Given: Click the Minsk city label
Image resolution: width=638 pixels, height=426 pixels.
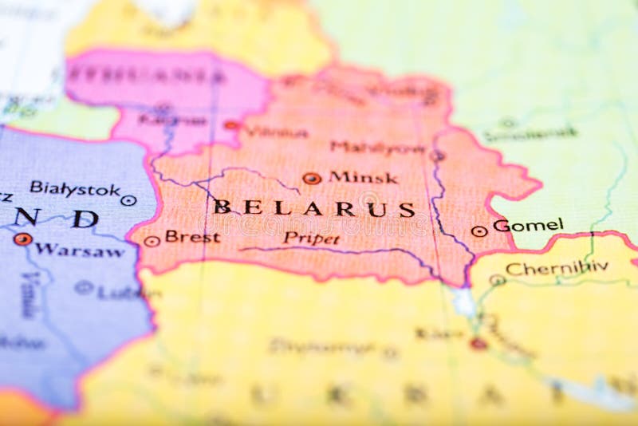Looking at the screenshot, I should point(363,177).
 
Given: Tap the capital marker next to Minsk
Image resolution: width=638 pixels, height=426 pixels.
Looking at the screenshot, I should point(312,179).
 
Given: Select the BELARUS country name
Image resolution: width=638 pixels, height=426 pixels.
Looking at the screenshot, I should point(314,208).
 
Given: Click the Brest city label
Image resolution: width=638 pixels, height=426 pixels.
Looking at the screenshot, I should point(192,237).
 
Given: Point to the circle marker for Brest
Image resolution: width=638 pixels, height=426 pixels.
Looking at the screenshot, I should point(152,240).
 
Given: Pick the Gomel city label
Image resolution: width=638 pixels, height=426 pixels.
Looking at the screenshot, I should point(528,225).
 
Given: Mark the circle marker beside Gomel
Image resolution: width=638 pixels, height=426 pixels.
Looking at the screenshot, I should point(478,231).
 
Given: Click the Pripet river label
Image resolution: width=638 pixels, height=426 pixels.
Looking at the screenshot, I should point(311,238).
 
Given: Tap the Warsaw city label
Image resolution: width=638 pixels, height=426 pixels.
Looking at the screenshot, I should point(79,250).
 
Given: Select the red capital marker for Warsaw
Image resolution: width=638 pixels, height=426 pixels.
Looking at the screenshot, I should point(22,239).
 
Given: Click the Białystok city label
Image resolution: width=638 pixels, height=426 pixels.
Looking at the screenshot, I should point(75,188).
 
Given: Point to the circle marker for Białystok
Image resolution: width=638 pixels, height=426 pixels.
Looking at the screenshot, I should point(128,200).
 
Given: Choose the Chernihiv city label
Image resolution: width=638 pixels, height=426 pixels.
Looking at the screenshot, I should point(557,268).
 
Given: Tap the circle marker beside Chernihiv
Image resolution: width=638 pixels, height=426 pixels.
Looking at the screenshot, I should point(497,280).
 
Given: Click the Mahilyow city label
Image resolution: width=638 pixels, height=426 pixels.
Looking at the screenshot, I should point(376,148).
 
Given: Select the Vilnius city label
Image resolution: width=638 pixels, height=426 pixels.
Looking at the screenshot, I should point(275,132).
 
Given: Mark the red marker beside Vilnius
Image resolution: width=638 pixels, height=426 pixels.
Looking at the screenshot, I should point(231,125).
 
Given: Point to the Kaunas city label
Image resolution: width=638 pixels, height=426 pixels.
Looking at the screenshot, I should point(171,120).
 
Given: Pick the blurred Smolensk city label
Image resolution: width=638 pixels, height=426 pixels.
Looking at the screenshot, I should point(530,134).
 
